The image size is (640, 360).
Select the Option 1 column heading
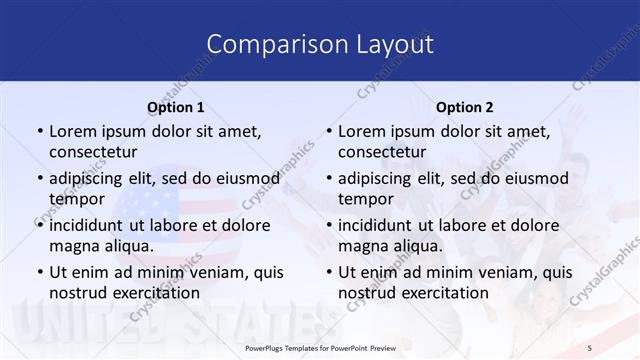pos(176,107)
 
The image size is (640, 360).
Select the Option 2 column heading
pos(464,107)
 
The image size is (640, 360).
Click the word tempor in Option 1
pos(76,199)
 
